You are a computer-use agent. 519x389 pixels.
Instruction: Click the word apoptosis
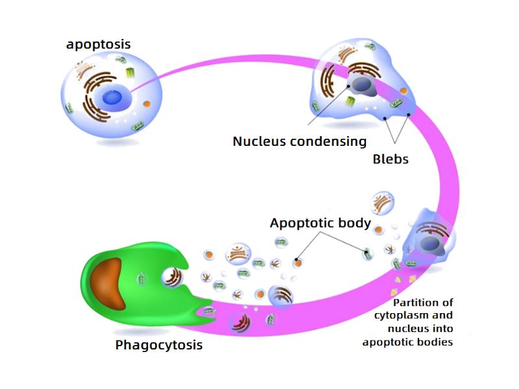coord(99,45)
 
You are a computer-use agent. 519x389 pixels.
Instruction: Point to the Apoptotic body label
coord(320,224)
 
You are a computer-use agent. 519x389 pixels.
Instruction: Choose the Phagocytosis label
coord(159,345)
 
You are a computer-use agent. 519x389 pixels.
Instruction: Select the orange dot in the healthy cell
coord(147,104)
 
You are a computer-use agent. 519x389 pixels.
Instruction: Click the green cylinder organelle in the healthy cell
coord(131,73)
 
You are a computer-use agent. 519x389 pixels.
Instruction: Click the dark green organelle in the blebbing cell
coord(351,102)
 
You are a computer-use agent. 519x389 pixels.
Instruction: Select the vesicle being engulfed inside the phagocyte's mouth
coord(172,277)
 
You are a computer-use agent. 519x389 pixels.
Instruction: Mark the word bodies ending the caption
coord(436,342)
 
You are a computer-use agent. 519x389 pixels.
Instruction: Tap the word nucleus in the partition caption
coord(406,329)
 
